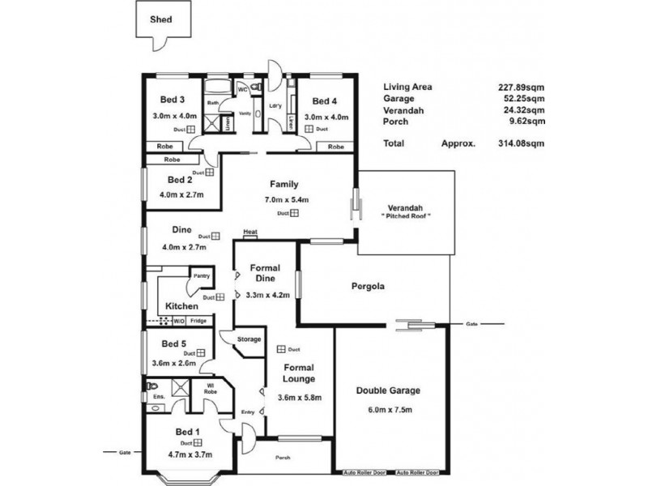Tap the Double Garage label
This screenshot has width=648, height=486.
coord(389,390)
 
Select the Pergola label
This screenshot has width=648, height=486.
coord(367,286)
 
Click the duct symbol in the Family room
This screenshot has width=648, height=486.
coord(294,214)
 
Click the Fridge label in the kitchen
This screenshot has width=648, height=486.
coord(198,321)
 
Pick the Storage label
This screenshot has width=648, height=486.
coord(249,339)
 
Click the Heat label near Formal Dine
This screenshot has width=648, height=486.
coord(249,234)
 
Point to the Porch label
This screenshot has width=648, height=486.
coord(283,458)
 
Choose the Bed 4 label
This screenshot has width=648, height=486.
coord(324,101)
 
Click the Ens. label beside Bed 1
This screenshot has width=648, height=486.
coord(158,397)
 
